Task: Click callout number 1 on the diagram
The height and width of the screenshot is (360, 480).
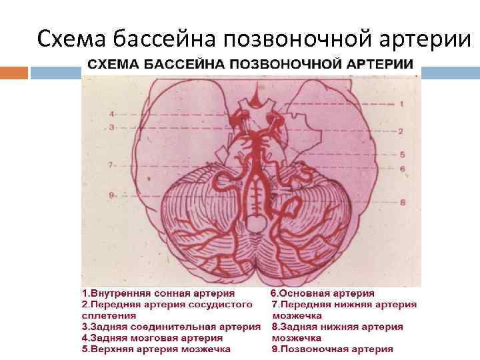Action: coord(401,104)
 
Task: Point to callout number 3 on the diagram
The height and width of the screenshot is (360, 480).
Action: coord(112,127)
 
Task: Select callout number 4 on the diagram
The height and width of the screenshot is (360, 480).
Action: coord(112,114)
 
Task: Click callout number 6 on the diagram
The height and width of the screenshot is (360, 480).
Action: coord(403,169)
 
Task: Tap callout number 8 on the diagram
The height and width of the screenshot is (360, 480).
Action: coord(403,201)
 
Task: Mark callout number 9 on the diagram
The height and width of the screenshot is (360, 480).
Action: coord(113,195)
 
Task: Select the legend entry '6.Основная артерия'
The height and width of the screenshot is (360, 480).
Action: coord(322,293)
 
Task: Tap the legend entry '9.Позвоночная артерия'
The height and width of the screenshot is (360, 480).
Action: coord(331,349)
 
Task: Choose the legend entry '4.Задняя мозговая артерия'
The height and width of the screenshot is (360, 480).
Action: coord(152,338)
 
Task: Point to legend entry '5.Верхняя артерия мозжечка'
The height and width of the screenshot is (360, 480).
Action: coord(156,349)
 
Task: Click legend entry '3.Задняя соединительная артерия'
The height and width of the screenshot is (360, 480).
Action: coord(171,327)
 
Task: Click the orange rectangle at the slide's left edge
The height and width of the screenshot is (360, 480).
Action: coord(13,72)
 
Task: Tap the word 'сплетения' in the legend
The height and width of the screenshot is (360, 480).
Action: coord(109,315)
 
